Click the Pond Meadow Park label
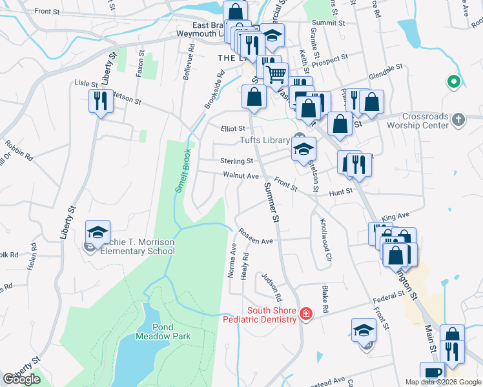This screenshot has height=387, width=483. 154,332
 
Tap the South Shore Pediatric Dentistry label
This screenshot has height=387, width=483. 260,315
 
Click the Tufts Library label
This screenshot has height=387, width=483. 264,139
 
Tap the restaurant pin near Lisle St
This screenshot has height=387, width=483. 100,102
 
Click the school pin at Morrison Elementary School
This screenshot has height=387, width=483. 98,232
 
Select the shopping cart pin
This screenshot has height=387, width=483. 276,75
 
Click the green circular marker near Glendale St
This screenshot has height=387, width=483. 453,82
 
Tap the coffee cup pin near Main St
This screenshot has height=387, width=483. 431,373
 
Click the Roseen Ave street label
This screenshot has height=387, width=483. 255,237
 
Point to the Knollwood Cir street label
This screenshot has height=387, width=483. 325,235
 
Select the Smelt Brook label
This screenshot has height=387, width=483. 183,171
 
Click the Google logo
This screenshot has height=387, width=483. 21,379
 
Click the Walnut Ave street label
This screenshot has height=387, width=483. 240,175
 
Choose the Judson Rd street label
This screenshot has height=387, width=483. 271,287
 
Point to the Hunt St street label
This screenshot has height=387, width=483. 341,192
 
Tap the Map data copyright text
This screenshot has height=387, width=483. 443,382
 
